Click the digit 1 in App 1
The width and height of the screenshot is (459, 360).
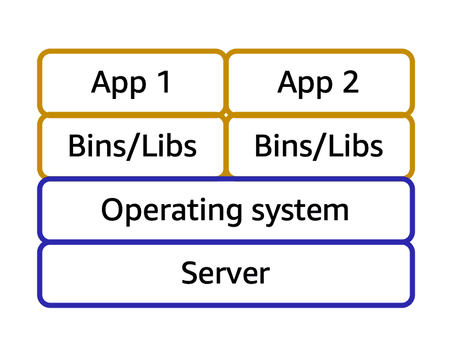[165, 82]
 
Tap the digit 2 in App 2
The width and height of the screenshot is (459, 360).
[350, 82]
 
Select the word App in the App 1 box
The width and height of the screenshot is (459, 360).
[118, 85]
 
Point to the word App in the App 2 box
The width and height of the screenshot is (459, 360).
[305, 85]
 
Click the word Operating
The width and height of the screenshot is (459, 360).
[171, 212]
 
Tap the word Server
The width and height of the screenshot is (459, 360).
[225, 273]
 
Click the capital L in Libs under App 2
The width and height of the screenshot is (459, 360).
[335, 145]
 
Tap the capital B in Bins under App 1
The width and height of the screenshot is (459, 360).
[77, 145]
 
